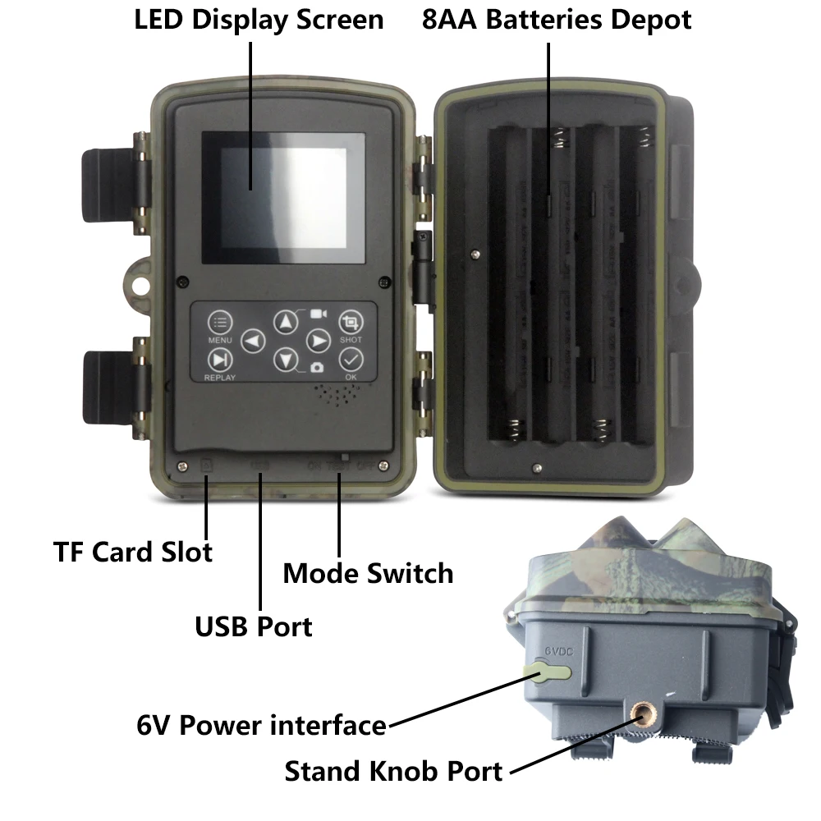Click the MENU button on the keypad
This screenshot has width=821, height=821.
coord(220,323)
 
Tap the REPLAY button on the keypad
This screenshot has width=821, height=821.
coord(219,359)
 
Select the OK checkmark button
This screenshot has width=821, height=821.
coord(351,359)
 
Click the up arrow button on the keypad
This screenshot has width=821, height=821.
coord(285,321)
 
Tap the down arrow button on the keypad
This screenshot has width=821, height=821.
coord(285,359)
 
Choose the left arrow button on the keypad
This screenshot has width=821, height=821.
coord(254,340)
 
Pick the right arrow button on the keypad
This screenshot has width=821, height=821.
coord(318,340)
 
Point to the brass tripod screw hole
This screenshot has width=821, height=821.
coord(640,719)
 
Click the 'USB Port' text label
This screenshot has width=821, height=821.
coord(253,626)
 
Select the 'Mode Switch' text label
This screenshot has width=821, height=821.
coord(368,572)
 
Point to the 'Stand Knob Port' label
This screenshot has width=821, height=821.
coord(393,771)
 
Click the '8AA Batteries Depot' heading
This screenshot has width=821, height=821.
coord(557,20)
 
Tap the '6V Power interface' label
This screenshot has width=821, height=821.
coord(261,725)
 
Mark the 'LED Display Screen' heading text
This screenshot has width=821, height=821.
coord(259,20)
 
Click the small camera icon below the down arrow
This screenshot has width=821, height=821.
coord(317,367)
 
